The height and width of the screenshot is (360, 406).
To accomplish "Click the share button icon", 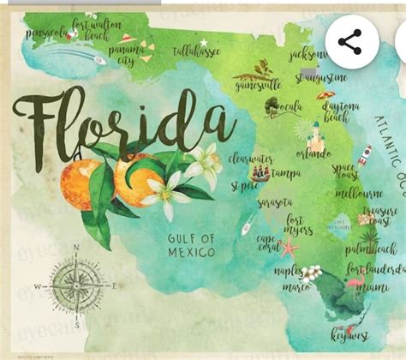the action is pyautogui.click(x=349, y=41).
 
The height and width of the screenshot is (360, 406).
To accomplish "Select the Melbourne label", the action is pyautogui.click(x=359, y=194).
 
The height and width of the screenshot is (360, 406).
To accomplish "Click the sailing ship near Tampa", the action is pyautogui.click(x=260, y=173).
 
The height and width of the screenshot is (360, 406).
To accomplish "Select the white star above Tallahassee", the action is pyautogui.click(x=204, y=41).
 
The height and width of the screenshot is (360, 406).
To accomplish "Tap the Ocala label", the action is pyautogui.click(x=292, y=107).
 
